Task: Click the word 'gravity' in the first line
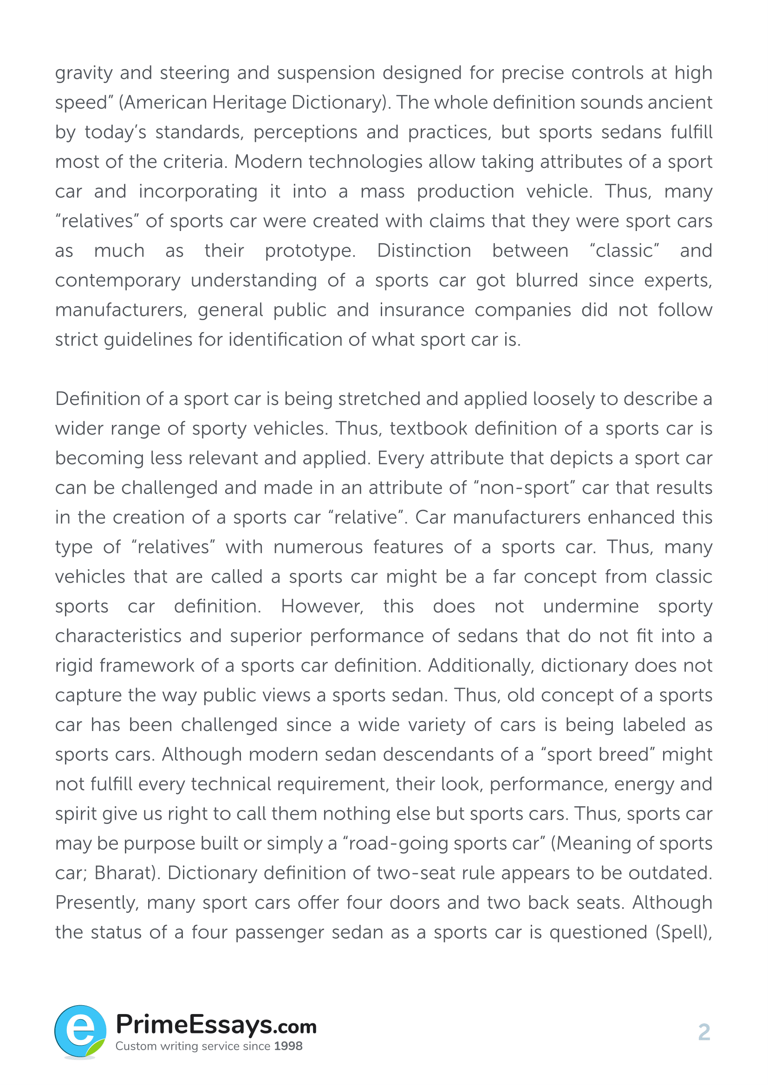click(84, 73)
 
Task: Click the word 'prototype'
click(309, 251)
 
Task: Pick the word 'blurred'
click(547, 280)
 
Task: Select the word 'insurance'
click(422, 310)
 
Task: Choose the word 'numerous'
click(318, 547)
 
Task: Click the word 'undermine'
click(591, 606)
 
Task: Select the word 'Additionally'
click(481, 665)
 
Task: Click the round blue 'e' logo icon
click(80, 1032)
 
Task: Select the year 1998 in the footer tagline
click(288, 1046)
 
